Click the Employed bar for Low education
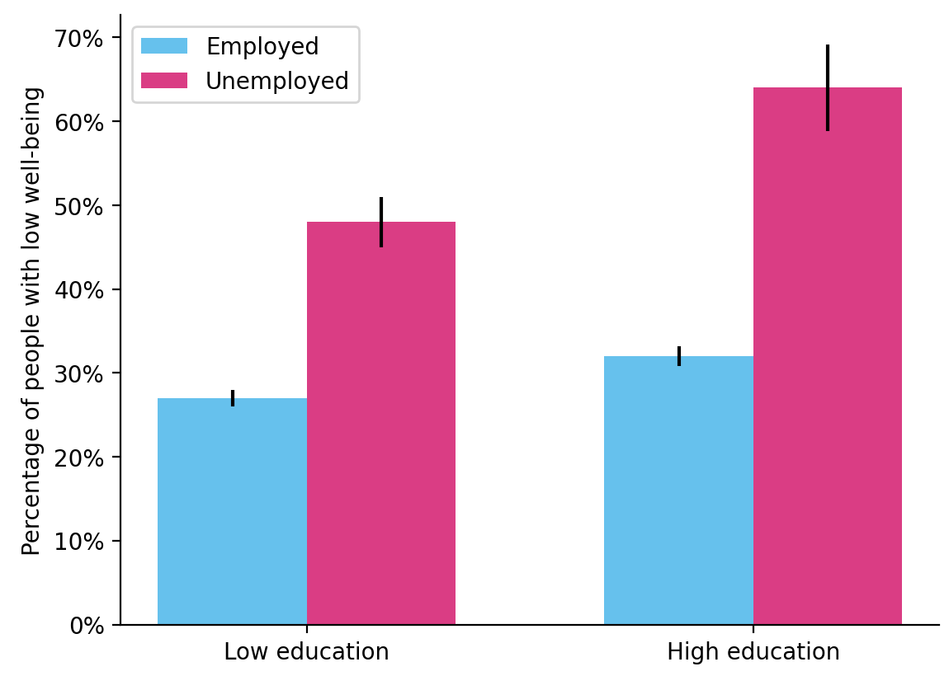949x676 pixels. pyautogui.click(x=232, y=511)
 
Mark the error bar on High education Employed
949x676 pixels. pyautogui.click(x=678, y=355)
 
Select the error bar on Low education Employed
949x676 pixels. pyautogui.click(x=233, y=397)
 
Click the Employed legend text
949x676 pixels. pyautogui.click(x=262, y=47)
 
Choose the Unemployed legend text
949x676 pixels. pyautogui.click(x=276, y=81)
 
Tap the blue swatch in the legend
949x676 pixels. pyautogui.click(x=164, y=46)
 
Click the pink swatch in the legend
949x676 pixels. pyautogui.click(x=164, y=80)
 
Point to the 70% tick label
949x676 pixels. pyautogui.click(x=81, y=39)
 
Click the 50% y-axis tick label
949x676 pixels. pyautogui.click(x=81, y=206)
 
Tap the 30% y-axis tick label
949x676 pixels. pyautogui.click(x=81, y=374)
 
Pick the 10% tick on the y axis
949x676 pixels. pyautogui.click(x=81, y=542)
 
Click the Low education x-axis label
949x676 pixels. pyautogui.click(x=306, y=652)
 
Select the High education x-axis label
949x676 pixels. pyautogui.click(x=753, y=652)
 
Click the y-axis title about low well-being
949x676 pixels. pyautogui.click(x=31, y=321)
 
